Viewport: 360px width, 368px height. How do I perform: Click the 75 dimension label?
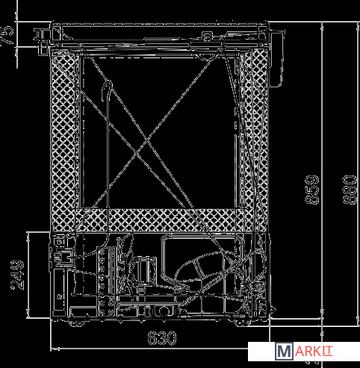point(7,35)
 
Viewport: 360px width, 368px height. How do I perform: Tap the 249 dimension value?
point(17,275)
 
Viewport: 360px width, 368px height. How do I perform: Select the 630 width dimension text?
point(162,338)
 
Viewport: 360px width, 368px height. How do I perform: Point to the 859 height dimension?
point(312,190)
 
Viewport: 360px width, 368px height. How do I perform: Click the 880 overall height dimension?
point(350,190)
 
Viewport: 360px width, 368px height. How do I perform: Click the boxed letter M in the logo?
point(284,351)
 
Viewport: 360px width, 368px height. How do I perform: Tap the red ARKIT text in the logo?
point(313,351)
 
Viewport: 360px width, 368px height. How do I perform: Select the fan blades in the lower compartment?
point(126,263)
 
